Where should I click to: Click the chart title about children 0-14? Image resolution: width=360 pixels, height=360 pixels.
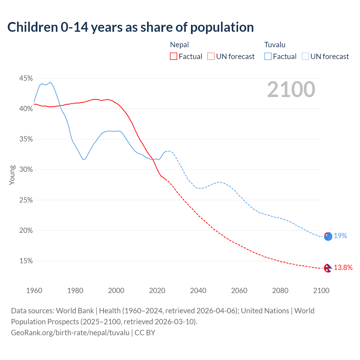130,27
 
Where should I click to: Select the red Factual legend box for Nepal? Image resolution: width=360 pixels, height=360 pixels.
174,56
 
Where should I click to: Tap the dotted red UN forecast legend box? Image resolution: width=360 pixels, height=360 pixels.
211,56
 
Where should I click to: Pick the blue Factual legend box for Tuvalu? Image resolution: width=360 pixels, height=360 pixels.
268,56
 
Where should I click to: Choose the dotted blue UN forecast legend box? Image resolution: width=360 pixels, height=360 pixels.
305,56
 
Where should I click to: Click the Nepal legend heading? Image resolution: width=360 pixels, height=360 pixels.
179,45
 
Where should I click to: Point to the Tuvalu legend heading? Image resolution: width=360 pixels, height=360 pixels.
275,45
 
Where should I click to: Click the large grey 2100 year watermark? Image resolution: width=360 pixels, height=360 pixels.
291,89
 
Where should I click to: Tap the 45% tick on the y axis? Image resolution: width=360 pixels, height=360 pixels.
26,78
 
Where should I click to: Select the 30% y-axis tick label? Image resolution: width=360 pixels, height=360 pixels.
26,170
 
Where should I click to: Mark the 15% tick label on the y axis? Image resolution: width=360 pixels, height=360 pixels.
26,261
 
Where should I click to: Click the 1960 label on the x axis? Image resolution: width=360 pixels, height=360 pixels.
34,291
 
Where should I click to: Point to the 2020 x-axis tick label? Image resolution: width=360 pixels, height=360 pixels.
157,291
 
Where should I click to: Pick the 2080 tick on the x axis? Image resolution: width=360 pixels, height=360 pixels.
280,291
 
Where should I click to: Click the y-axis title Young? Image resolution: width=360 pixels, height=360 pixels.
12,175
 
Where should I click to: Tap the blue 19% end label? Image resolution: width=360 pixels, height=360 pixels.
340,236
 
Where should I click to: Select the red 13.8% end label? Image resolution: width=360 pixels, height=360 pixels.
343,267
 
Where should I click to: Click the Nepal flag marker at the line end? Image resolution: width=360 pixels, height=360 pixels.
328,268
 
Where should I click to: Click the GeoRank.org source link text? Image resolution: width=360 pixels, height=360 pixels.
70,333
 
